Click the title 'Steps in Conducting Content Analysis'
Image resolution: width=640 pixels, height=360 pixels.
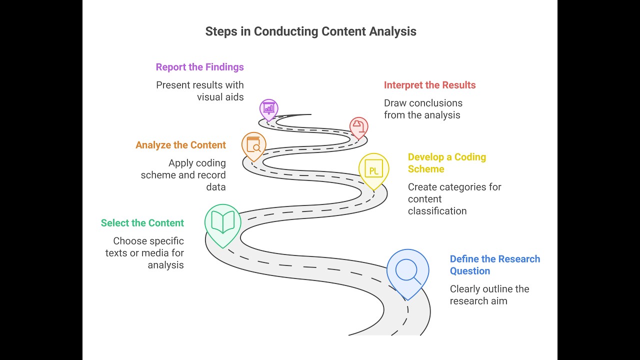coord(311,31)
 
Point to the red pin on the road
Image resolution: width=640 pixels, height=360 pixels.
coord(359,128)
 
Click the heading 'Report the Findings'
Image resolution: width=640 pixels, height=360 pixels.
coord(199,67)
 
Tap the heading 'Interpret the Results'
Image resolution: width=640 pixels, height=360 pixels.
coord(429,85)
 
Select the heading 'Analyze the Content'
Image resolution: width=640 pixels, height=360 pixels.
coord(180,145)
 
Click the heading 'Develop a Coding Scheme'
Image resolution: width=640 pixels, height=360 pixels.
coord(447,163)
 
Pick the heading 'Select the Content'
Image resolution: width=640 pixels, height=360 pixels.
coord(142,223)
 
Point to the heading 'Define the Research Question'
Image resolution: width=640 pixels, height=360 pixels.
coord(495,265)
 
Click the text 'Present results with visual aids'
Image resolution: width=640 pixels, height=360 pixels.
coord(199,91)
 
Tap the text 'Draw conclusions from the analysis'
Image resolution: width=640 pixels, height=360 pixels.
coord(423,109)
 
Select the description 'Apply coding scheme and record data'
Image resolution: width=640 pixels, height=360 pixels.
coord(183,175)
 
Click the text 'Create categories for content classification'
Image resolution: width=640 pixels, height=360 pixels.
coord(454,199)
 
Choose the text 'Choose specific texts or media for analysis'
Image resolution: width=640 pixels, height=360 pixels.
coord(144,253)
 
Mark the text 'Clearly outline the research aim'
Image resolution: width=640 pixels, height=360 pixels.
coord(489,295)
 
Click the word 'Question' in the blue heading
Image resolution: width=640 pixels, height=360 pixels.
coord(470,271)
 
